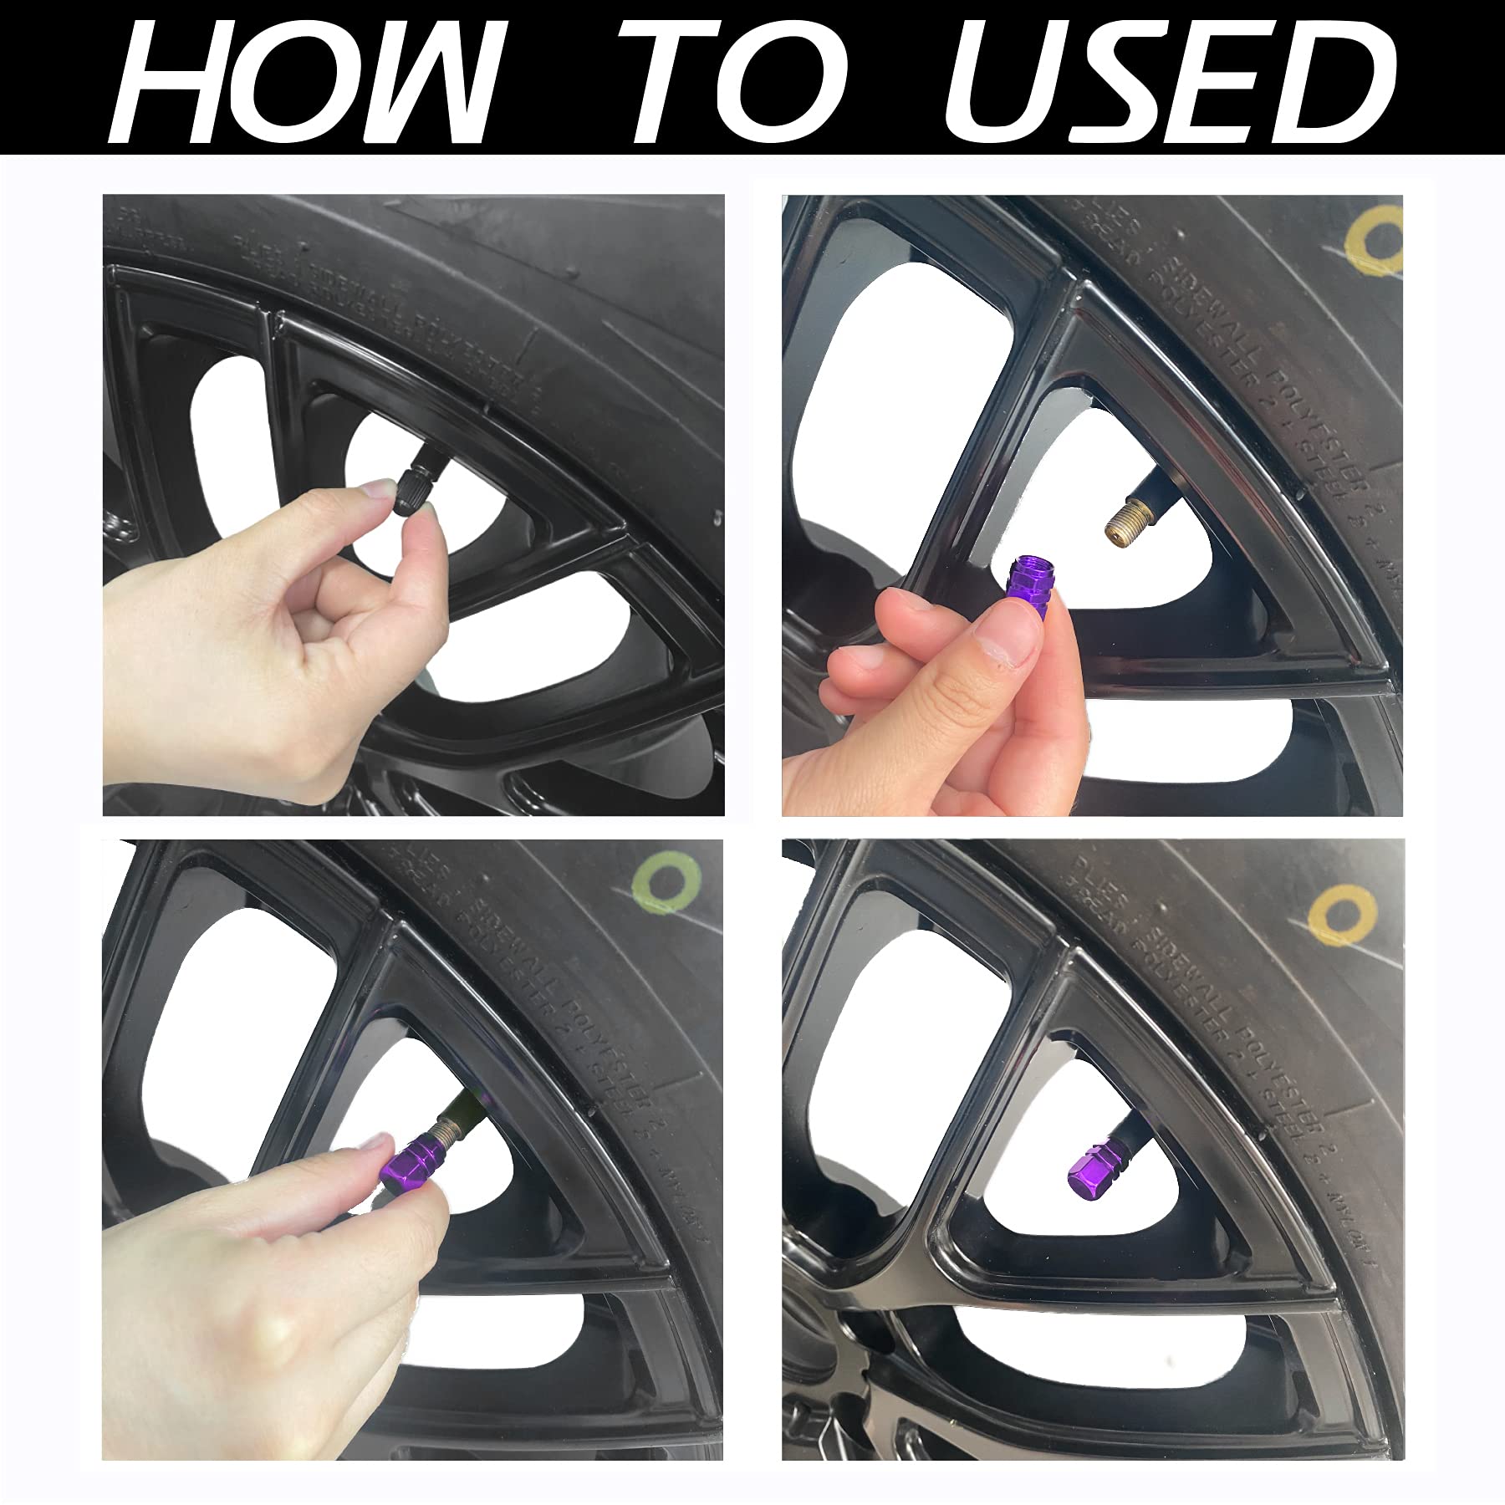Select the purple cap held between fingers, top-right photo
click(x=1032, y=580)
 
